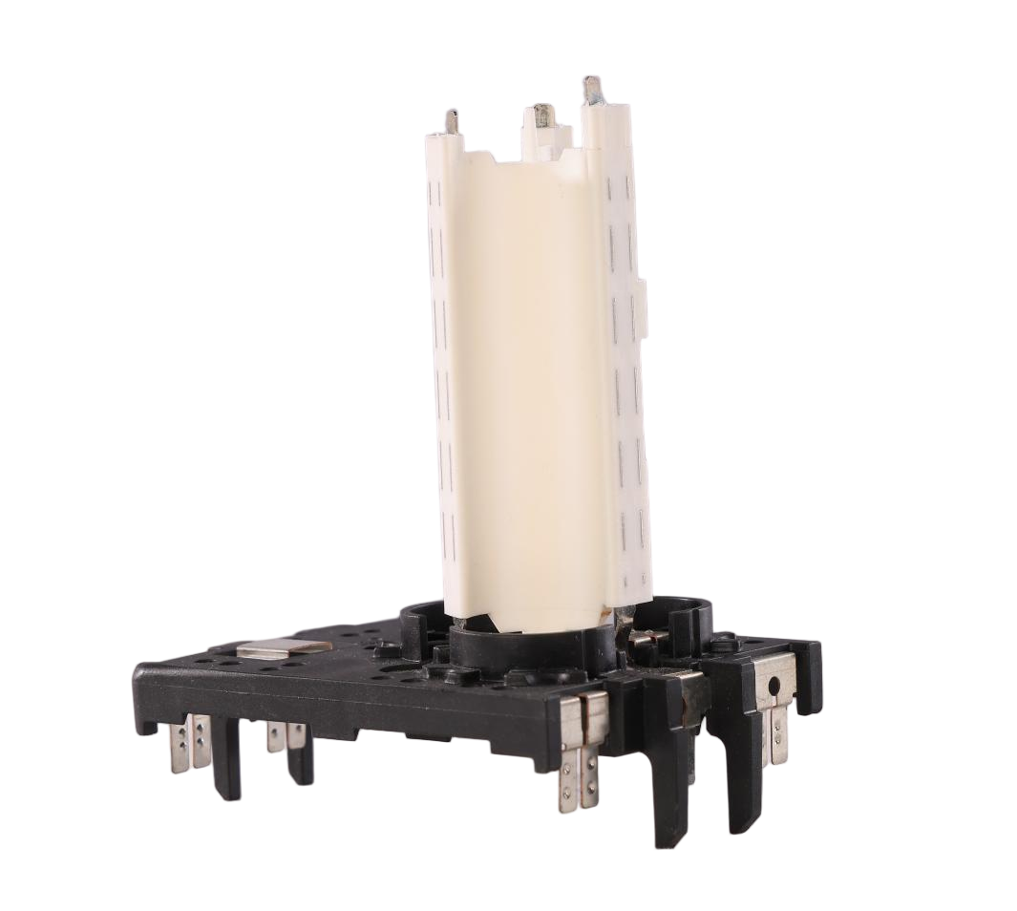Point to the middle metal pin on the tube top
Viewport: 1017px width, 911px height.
point(542,117)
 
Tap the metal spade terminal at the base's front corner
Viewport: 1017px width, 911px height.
point(580,759)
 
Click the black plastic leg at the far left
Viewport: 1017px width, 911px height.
point(226,764)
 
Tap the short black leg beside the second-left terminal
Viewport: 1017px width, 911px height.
point(301,764)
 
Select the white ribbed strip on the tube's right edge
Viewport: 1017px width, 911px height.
point(625,382)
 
